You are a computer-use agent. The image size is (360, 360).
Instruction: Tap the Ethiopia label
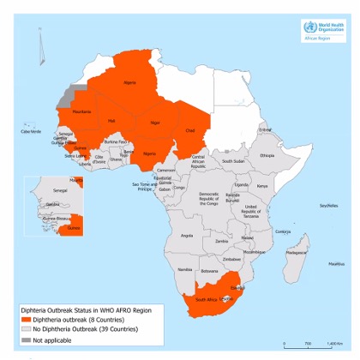267,155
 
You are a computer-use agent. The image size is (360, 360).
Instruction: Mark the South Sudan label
233,161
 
